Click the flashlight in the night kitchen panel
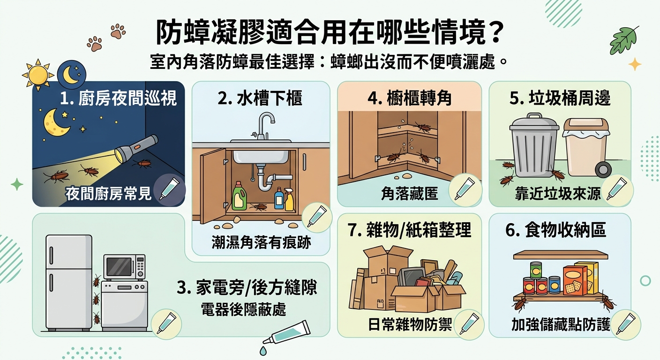tap(136, 150)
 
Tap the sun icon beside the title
tap(38, 75)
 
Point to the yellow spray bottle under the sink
tap(289, 199)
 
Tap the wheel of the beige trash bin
tap(603, 170)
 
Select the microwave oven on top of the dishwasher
tap(125, 267)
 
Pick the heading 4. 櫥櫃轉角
tap(410, 98)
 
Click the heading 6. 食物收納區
tap(555, 230)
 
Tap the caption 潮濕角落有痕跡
tap(262, 243)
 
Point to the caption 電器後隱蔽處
tap(243, 310)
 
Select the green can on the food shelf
tap(536, 270)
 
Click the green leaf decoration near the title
tap(624, 41)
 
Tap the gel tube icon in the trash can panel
tap(617, 189)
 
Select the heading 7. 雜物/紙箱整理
tap(410, 230)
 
